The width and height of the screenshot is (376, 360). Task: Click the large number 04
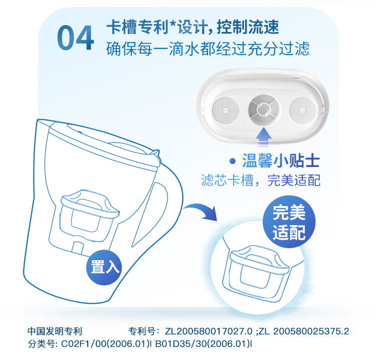(75, 38)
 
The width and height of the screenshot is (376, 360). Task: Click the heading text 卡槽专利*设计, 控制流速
(193, 27)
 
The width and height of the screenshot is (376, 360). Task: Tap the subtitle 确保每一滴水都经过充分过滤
(208, 49)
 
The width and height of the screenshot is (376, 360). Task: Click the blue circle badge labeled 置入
(104, 267)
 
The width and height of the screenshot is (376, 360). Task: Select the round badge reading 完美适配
(289, 222)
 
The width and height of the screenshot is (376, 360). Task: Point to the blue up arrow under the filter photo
(264, 137)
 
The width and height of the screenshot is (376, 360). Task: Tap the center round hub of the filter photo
(264, 109)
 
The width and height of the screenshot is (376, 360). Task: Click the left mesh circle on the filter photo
(226, 110)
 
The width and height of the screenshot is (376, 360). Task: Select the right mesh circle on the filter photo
(303, 110)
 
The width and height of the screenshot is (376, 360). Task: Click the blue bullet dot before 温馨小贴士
(232, 161)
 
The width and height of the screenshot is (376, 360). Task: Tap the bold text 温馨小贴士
(281, 160)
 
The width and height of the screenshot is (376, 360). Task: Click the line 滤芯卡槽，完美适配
(261, 181)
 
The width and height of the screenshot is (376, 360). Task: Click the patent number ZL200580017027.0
(209, 331)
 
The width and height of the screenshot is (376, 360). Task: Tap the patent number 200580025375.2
(311, 331)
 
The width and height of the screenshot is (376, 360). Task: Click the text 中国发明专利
(55, 331)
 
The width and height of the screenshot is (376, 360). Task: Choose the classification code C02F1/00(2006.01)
(105, 344)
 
